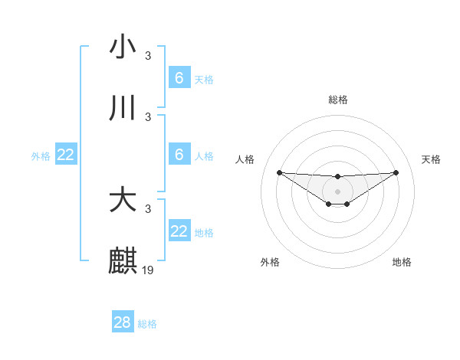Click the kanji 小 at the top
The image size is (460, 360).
(123, 47)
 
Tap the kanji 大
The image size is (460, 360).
(123, 200)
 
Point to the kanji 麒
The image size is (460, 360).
(123, 261)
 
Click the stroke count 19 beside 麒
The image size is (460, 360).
(149, 270)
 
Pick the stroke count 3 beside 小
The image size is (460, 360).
(148, 55)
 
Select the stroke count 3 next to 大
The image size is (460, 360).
(148, 208)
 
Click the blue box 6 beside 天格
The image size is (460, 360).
(179, 78)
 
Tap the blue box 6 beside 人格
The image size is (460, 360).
(179, 155)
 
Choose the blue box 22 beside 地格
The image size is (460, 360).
(179, 231)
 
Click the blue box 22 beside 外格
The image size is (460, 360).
(66, 155)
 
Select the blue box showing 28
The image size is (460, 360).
(123, 322)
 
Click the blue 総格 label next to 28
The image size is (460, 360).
(147, 324)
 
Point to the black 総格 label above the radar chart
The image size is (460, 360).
(337, 100)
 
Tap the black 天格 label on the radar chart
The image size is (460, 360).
(431, 159)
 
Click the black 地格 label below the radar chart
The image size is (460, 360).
(402, 262)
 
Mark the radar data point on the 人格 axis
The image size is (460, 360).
(279, 172)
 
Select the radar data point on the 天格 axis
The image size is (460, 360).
(396, 172)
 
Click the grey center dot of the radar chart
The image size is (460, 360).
(337, 191)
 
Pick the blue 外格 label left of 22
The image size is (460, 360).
(41, 156)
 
